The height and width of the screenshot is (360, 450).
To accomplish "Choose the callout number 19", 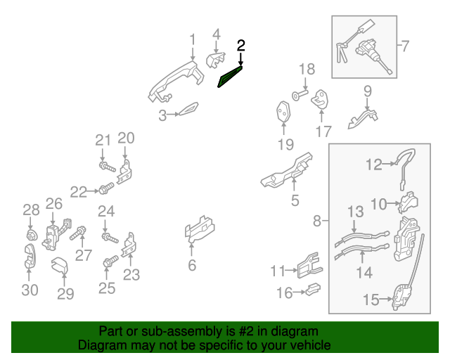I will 284,146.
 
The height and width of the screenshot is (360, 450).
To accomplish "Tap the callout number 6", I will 191,266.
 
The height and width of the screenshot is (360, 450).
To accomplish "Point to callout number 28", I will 30,210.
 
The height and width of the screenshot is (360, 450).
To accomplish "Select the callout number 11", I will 278,270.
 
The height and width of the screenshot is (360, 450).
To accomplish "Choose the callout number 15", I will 371,300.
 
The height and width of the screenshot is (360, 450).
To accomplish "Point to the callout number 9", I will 367,91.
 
